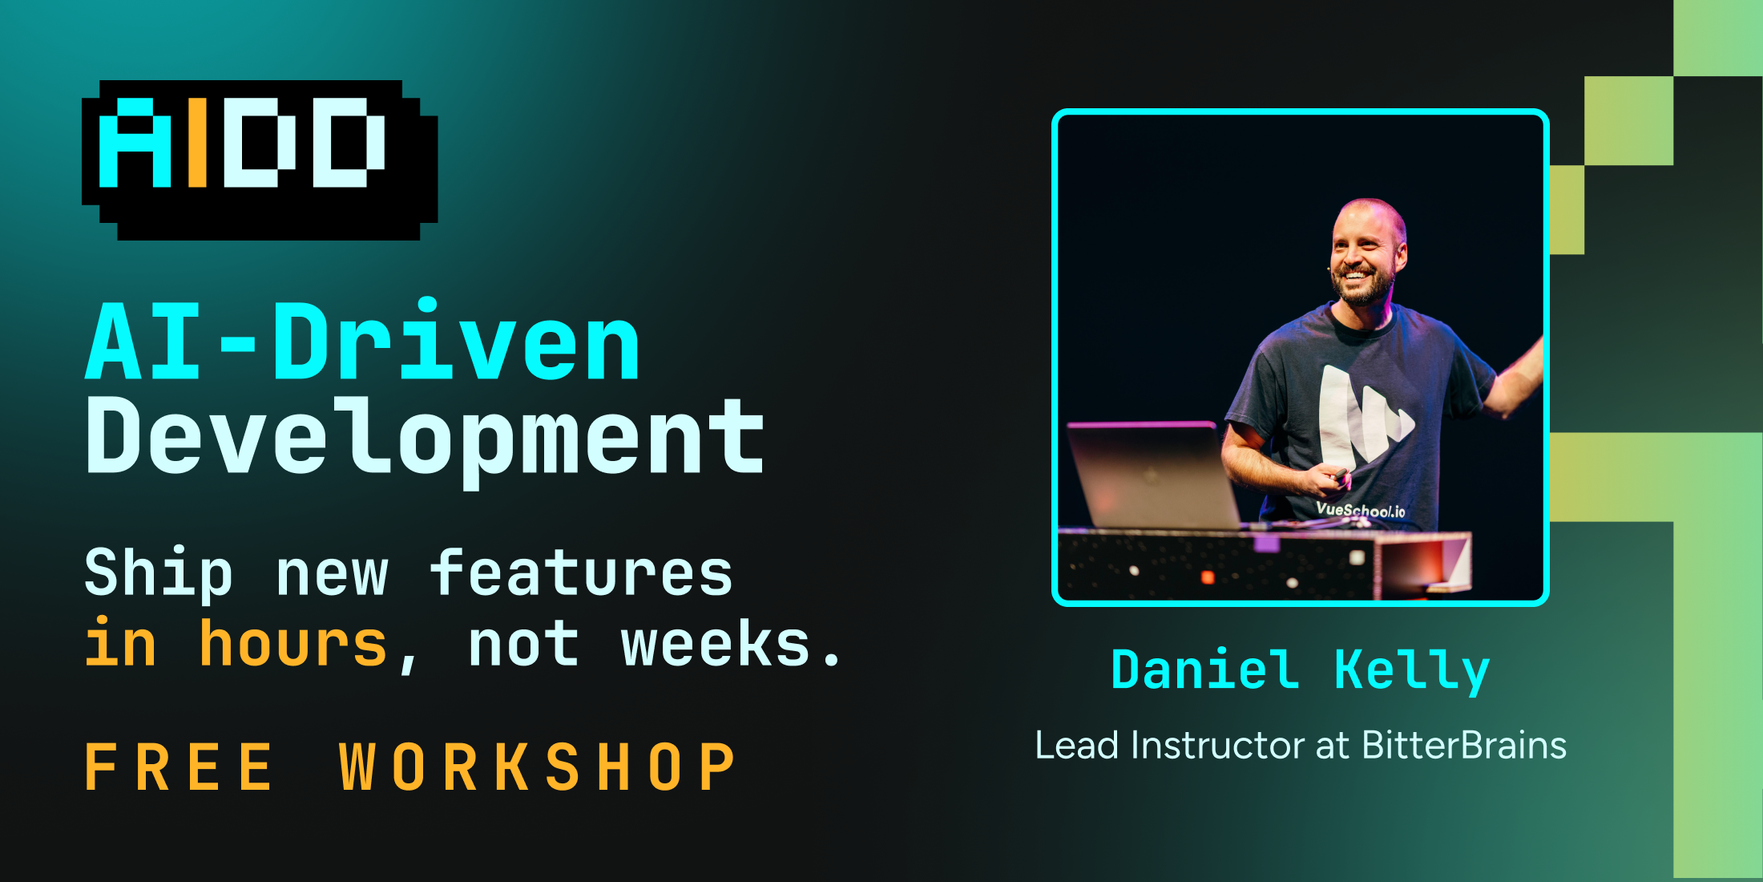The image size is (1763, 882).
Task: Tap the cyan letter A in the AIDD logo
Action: pyautogui.click(x=135, y=142)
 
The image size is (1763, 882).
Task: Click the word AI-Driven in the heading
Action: pyautogui.click(x=363, y=342)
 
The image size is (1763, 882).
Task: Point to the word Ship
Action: pyautogui.click(x=159, y=573)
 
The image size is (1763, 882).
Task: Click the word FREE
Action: pyautogui.click(x=180, y=767)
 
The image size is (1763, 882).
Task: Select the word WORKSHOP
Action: pyautogui.click(x=537, y=767)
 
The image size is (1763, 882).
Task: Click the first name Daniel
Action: pyautogui.click(x=1204, y=669)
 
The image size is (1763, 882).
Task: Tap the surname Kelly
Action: pyautogui.click(x=1412, y=670)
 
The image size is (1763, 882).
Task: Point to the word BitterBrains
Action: pyautogui.click(x=1464, y=745)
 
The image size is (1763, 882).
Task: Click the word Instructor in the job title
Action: pyautogui.click(x=1218, y=745)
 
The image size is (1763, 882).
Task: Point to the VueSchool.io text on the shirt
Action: pyautogui.click(x=1361, y=509)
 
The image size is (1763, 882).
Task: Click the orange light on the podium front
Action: pyautogui.click(x=1208, y=577)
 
